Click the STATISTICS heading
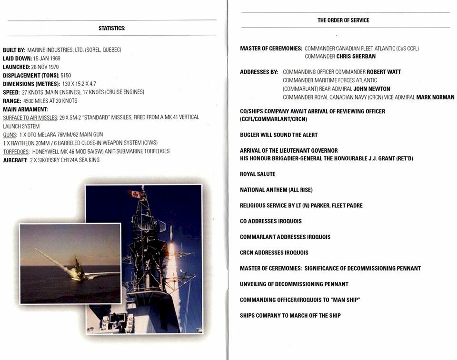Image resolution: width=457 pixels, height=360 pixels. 112,29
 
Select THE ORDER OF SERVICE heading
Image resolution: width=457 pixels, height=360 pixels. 343,20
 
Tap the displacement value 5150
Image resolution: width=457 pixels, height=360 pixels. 66,75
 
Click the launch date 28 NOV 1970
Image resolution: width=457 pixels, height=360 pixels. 45,67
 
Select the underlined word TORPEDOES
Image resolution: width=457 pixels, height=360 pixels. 16,151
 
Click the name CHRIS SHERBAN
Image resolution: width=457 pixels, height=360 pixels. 356,57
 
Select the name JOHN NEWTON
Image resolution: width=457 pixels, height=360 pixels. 372,89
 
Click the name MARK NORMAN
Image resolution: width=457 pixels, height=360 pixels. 435,97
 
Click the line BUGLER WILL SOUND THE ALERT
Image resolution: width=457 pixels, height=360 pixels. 278,135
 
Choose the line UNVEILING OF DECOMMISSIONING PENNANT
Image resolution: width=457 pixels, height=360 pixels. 294,284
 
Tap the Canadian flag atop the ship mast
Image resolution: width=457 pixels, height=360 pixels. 135,194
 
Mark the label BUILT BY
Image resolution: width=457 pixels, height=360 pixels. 14,50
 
